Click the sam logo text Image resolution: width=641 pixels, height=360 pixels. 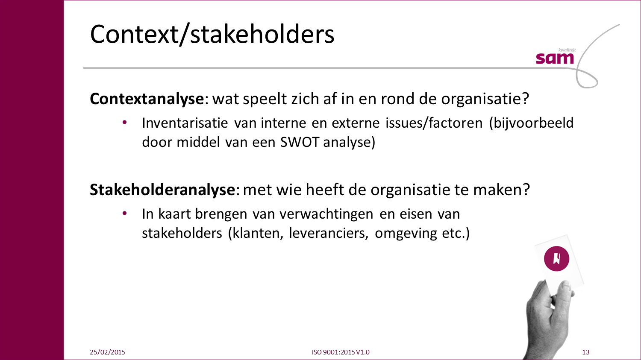point(555,59)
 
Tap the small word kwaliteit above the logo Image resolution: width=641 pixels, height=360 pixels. point(567,50)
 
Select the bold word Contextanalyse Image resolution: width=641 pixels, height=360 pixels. point(147,99)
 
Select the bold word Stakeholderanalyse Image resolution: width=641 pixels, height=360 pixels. point(162,190)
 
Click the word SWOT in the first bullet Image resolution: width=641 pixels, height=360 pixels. point(300,142)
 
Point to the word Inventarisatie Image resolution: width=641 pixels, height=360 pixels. point(185,123)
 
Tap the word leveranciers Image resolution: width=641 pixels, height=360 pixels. point(329,233)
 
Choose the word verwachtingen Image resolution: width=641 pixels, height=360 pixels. point(326,214)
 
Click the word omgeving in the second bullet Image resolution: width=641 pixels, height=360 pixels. point(406,234)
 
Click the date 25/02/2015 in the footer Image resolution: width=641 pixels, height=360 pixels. point(107,352)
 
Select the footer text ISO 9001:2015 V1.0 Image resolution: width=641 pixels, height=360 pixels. point(341,352)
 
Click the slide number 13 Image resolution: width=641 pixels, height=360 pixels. point(585,352)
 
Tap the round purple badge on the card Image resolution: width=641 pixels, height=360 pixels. point(556,259)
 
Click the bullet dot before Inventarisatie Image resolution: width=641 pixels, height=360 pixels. point(124,123)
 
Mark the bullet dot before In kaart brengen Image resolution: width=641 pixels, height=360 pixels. point(124,213)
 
